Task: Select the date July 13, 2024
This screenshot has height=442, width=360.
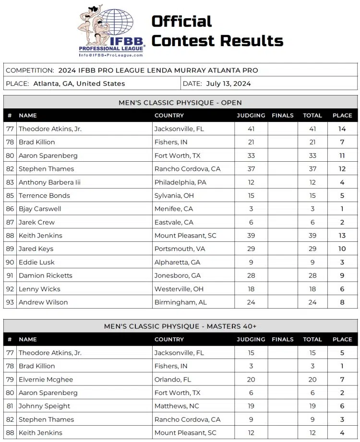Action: tap(228, 84)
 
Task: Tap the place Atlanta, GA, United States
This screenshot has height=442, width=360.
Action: tap(79, 84)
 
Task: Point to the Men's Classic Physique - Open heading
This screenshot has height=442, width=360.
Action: tap(180, 102)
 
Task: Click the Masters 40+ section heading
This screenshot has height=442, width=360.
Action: tap(180, 326)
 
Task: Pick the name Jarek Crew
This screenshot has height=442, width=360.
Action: tap(36, 222)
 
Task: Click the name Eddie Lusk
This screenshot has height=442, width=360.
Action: tap(36, 262)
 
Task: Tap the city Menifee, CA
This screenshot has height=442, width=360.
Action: tap(174, 209)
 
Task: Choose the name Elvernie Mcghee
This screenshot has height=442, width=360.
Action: tap(46, 379)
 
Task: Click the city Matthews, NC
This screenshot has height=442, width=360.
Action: tap(177, 406)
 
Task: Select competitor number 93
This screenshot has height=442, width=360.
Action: tap(10, 302)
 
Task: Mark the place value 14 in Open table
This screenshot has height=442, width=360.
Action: tap(342, 129)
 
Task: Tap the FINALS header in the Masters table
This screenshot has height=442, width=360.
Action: tap(282, 339)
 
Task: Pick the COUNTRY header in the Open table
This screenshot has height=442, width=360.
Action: tap(169, 116)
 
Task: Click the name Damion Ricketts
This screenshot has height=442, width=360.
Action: tap(46, 275)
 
